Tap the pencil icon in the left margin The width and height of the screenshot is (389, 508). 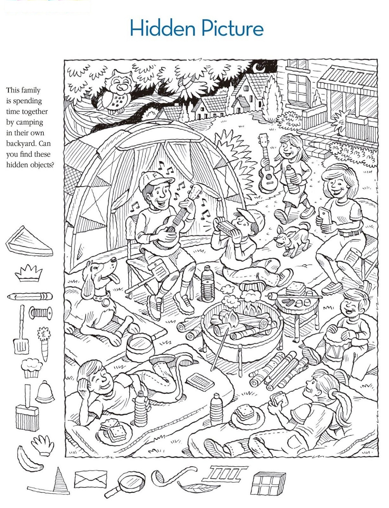29,296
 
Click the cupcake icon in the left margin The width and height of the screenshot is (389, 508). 32,368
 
